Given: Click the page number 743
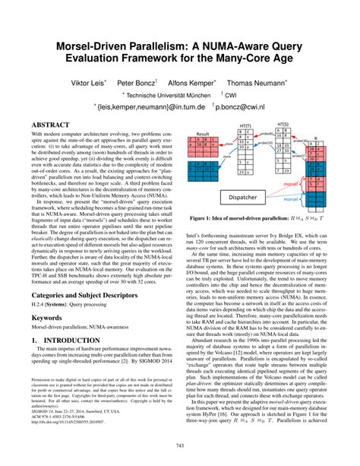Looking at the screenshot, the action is point(180,444).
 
